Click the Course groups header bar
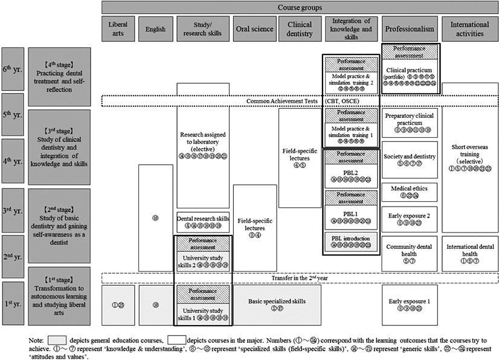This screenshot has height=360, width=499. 299,7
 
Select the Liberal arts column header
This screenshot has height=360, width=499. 118,29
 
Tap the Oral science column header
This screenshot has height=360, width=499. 254,29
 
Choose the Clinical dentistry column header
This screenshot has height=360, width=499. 299,29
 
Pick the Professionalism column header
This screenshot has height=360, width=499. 410,29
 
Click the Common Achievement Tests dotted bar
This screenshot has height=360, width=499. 299,101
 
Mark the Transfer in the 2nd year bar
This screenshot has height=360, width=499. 299,278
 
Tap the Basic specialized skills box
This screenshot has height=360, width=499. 277,305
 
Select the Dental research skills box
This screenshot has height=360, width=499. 202,222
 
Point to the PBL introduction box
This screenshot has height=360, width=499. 352,242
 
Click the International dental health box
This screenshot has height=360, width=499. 470,251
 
